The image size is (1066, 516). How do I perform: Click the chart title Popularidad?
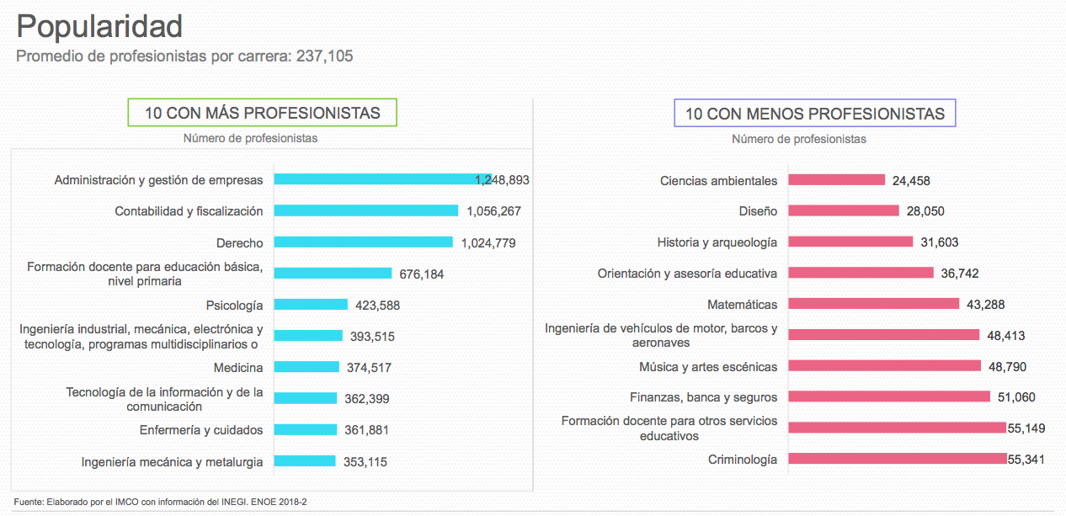[x=99, y=27]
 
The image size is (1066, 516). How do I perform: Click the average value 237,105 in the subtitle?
[x=324, y=56]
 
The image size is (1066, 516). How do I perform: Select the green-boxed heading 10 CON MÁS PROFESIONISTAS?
[x=262, y=113]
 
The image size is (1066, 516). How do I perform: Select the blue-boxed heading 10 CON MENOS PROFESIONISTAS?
[x=814, y=113]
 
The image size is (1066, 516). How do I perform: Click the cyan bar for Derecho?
[x=363, y=242]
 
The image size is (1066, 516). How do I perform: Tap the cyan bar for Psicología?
[x=311, y=305]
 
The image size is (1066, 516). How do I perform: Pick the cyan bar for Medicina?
[x=306, y=367]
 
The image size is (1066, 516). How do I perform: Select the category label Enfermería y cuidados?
[x=201, y=430]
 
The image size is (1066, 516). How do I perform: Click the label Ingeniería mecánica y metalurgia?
[x=172, y=461]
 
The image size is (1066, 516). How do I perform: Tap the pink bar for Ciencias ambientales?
[x=836, y=180]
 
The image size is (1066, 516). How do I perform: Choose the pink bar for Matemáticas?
[x=873, y=304]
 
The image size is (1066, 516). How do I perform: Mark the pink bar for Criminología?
[x=897, y=459]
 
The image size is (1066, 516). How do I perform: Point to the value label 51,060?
[x=1016, y=397]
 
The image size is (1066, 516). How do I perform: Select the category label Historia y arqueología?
[x=717, y=242]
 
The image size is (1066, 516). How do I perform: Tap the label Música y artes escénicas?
[x=707, y=366]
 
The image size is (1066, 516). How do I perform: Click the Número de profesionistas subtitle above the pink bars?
[x=798, y=139]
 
